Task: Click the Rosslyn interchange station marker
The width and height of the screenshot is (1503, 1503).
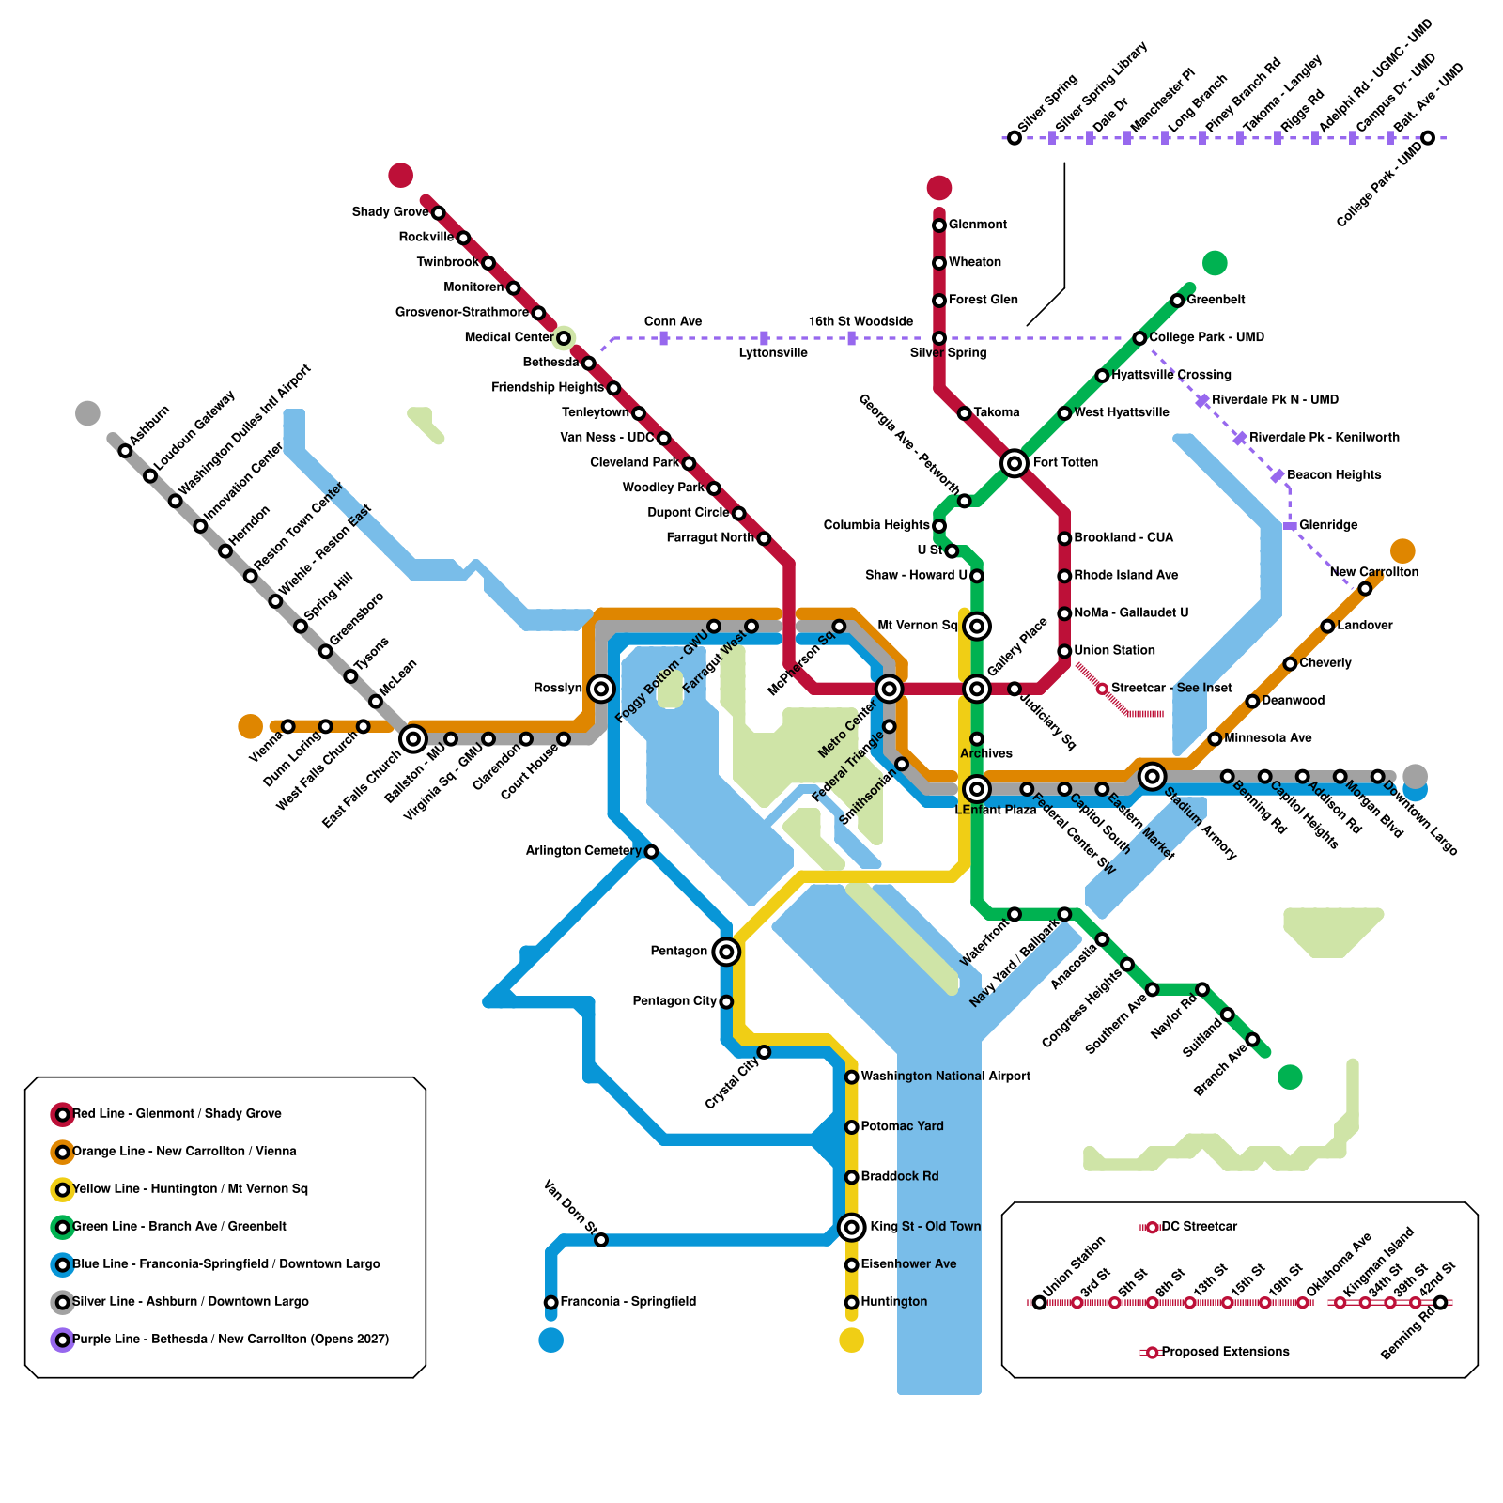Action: tap(601, 689)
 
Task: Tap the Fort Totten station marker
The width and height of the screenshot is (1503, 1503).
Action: tap(1014, 463)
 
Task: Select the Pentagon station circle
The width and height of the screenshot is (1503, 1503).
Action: tap(725, 952)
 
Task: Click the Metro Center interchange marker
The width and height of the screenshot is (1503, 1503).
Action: tap(889, 689)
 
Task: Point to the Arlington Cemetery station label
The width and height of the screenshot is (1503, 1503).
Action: tap(582, 851)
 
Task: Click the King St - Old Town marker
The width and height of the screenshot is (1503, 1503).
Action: tap(851, 1227)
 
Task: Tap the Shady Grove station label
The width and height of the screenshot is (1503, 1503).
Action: tap(390, 212)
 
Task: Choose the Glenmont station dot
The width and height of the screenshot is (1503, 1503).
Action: tap(938, 225)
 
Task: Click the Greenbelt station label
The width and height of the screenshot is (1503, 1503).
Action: tap(1216, 300)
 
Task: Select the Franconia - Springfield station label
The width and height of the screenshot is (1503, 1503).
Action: tap(628, 1302)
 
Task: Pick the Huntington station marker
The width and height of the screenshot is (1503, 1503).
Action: tap(851, 1302)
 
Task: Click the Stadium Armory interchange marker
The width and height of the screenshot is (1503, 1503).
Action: tap(1152, 776)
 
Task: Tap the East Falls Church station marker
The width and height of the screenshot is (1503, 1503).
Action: tap(412, 739)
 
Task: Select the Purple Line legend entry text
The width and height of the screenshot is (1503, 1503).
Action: tap(230, 1340)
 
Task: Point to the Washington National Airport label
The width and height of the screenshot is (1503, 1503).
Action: tap(945, 1077)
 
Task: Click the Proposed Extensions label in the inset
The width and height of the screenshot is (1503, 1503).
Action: tap(1225, 1352)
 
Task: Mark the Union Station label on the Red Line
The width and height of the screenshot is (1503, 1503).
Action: tap(1114, 651)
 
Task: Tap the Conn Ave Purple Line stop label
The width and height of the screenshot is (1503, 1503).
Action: tap(673, 322)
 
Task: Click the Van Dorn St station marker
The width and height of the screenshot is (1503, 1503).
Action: tap(601, 1240)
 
